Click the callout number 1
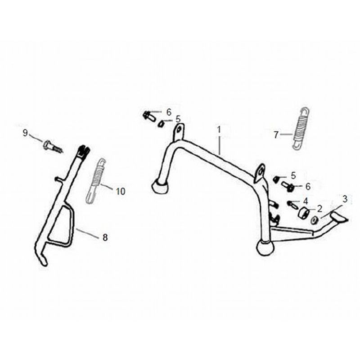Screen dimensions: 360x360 pos(219,130)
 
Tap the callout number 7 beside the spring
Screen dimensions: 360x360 pos(276,134)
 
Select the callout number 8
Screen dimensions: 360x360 pos(105,238)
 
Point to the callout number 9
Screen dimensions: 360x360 pos(26,133)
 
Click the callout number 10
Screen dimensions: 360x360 pos(120,191)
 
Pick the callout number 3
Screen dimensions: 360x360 pos(345,198)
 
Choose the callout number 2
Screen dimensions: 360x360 pos(319,208)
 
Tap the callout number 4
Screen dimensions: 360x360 pos(306,201)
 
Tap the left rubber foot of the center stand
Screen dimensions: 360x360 pos(160,186)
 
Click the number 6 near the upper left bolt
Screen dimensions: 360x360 pos(169,112)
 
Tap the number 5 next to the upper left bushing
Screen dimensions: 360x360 pos(178,119)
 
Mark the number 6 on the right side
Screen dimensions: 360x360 pos(308,186)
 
